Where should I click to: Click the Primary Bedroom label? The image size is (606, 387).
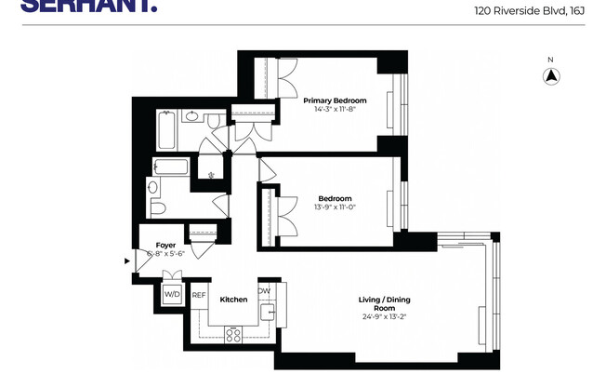[x=335, y=100]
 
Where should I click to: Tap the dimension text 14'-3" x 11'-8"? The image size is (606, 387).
[x=335, y=110]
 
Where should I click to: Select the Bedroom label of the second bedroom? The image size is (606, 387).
[x=335, y=198]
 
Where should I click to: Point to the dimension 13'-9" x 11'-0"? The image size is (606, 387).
[x=335, y=207]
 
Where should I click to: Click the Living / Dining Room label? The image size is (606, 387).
[x=384, y=303]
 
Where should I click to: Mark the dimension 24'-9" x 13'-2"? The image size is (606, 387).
[x=384, y=317]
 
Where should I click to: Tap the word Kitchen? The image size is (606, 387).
[x=233, y=300]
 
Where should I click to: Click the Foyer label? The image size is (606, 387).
[x=165, y=245]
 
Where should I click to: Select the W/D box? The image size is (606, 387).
[x=172, y=295]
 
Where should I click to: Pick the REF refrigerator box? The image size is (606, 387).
[x=198, y=295]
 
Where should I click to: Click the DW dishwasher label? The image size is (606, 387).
[x=264, y=290]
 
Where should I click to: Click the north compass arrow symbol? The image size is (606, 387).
[x=550, y=78]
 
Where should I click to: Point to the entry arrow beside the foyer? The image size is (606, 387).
[x=128, y=261]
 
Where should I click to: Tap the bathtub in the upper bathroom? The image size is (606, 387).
[x=167, y=131]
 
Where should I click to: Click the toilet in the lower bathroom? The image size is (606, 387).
[x=156, y=207]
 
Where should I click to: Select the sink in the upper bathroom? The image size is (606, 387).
[x=193, y=118]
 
